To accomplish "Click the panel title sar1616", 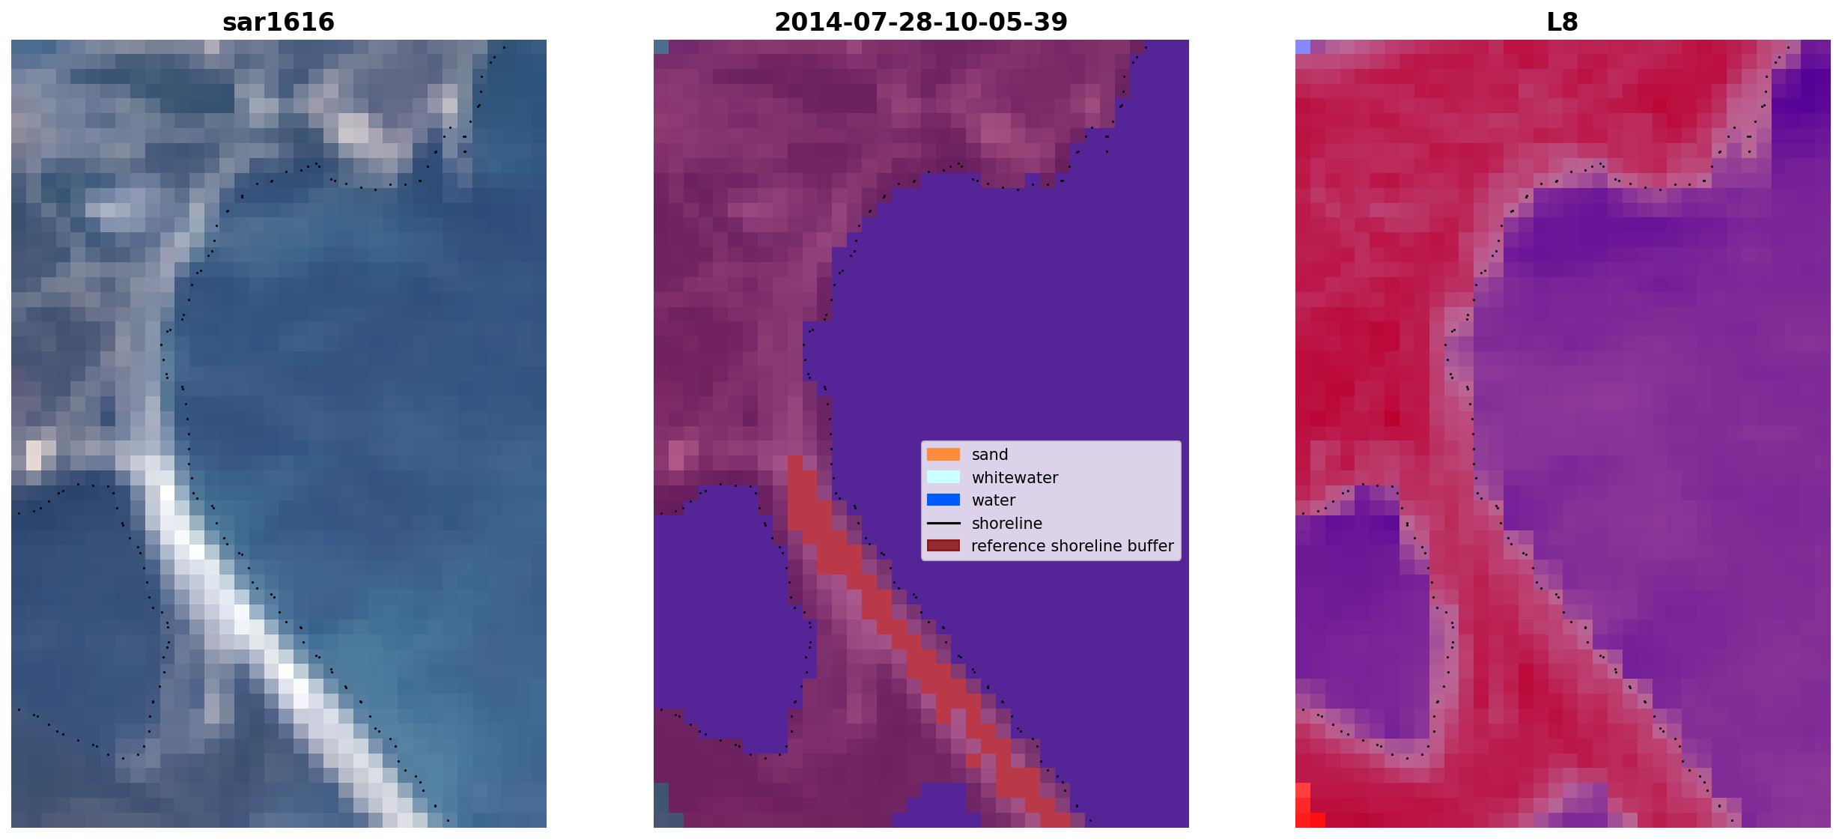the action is (x=279, y=22).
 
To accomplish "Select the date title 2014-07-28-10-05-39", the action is (x=921, y=22).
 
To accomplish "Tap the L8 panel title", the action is (x=1563, y=22).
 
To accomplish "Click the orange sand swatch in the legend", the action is (x=943, y=455).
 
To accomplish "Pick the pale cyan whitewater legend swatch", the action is (x=943, y=477).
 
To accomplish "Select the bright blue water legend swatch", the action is (x=943, y=500).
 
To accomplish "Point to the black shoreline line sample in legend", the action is (x=943, y=523).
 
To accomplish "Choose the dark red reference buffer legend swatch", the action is (x=943, y=546).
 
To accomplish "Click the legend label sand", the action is (x=990, y=455).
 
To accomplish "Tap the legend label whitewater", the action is (x=1015, y=478).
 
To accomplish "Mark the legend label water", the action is (x=994, y=500).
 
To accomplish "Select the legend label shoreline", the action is (x=1007, y=524).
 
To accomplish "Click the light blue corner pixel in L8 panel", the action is (x=1303, y=46).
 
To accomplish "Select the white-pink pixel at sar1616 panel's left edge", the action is (x=34, y=455).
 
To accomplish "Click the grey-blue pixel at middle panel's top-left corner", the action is (x=661, y=46).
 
